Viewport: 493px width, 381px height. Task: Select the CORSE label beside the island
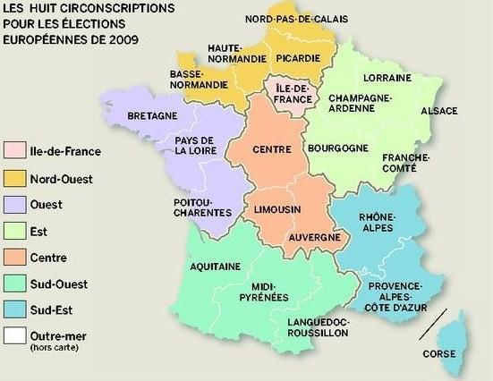point(440,353)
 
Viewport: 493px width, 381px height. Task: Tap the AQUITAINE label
point(216,266)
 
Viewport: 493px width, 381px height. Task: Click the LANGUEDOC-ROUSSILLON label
point(318,326)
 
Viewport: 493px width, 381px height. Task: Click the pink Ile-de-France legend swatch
point(14,152)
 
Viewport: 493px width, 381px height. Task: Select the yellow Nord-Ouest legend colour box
point(14,178)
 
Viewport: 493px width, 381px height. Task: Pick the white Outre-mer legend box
point(14,337)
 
